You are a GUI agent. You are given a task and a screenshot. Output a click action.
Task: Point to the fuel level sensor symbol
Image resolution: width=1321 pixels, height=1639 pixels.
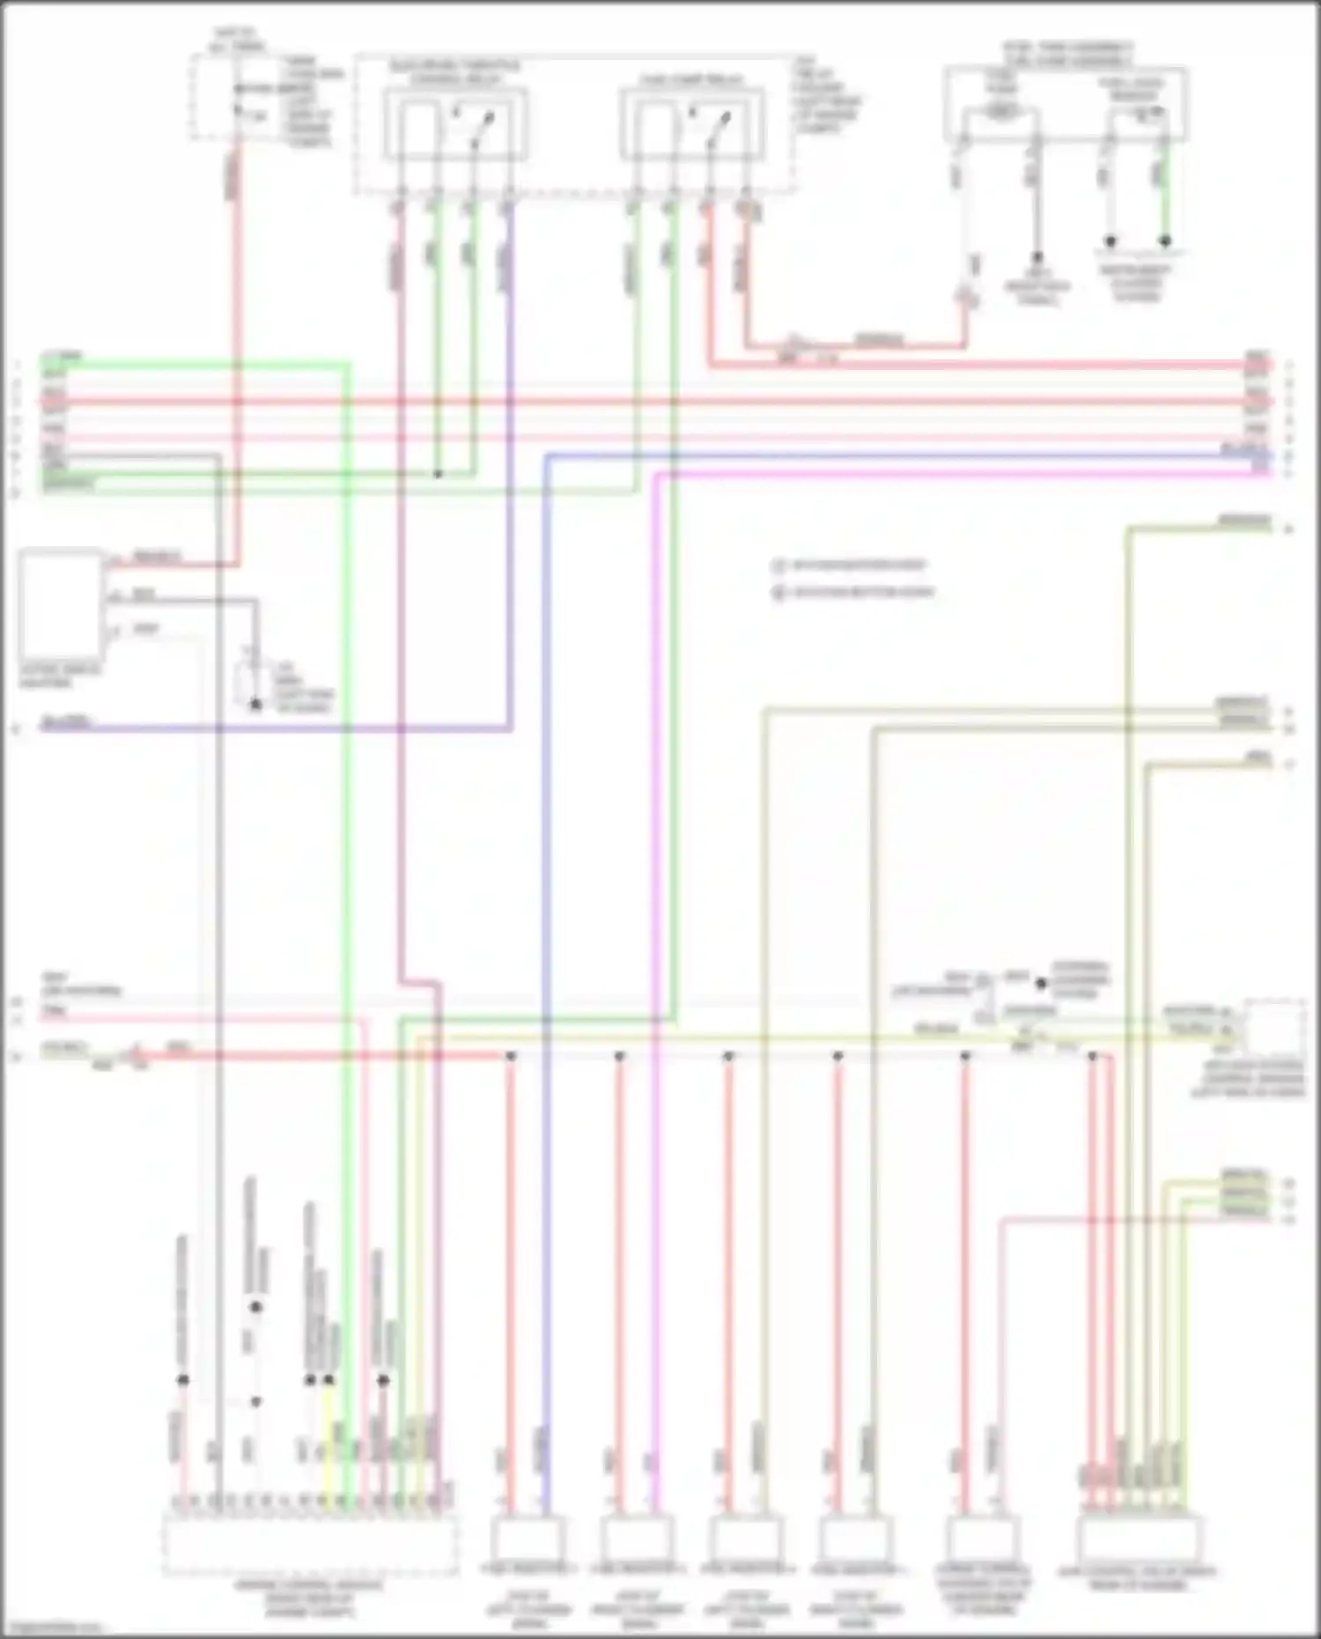coord(1143,113)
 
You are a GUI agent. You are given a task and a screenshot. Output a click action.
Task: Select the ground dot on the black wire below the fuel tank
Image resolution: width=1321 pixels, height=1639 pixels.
coord(1037,257)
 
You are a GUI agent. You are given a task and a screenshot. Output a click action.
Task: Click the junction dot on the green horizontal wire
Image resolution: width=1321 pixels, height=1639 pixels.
coord(438,474)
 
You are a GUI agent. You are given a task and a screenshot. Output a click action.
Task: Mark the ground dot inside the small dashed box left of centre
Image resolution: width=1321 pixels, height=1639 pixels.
coord(255,705)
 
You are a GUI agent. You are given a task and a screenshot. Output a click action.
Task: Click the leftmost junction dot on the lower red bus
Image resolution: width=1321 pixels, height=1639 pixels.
coord(510,1055)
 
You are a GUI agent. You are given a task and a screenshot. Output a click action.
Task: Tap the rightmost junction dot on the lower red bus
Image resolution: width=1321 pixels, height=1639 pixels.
coord(1092,1055)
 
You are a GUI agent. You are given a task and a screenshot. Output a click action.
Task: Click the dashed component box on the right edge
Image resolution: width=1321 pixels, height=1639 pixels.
coord(1273,1026)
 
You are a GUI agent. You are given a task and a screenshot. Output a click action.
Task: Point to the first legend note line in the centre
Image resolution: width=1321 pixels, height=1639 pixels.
coord(850,565)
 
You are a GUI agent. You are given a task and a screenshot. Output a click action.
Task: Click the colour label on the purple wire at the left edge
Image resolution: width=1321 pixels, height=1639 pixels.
coord(66,723)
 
